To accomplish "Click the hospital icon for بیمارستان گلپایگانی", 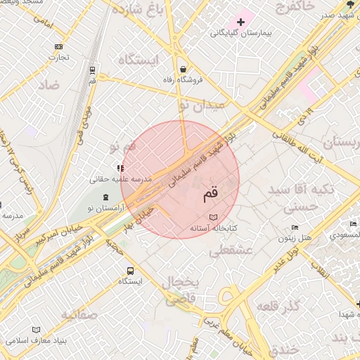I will pyautogui.click(x=241, y=22).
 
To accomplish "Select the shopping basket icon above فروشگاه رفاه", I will pyautogui.click(x=183, y=69).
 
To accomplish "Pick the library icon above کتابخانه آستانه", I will pyautogui.click(x=214, y=217).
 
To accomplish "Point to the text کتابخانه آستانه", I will pyautogui.click(x=214, y=229).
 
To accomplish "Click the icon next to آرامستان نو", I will pyautogui.click(x=105, y=196).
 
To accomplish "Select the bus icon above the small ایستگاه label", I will pyautogui.click(x=130, y=271).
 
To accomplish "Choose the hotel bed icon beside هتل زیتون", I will pyautogui.click(x=296, y=227).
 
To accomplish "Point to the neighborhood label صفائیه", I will pyautogui.click(x=78, y=314).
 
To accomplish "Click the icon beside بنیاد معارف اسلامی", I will pyautogui.click(x=37, y=330).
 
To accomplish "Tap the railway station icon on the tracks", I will pyautogui.click(x=92, y=70).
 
